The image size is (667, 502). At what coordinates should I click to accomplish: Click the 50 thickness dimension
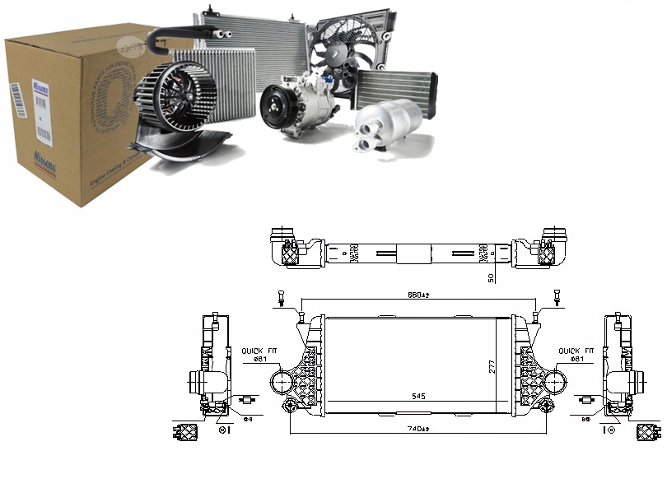pos(492,278)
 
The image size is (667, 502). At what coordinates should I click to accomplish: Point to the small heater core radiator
pos(394,90)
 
